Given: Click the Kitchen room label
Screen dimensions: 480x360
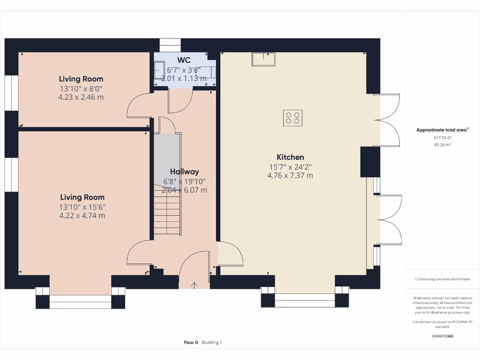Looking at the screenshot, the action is [290, 157].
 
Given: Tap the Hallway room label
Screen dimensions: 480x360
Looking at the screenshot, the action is [184, 172].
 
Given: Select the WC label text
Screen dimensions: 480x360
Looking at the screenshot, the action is [184, 60].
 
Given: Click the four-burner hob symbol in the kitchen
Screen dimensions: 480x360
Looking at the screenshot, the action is [292, 118].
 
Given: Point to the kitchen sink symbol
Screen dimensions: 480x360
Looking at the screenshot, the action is [263, 59].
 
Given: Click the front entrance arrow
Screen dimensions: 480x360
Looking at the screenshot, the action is [195, 285].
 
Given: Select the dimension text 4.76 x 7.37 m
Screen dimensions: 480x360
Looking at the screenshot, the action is [290, 175].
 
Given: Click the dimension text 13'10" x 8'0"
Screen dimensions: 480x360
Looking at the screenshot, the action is [81, 89].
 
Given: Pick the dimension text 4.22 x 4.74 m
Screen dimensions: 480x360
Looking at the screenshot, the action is [82, 216].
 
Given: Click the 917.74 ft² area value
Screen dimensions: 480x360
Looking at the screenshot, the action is [442, 138].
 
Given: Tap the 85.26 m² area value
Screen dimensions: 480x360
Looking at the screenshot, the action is [442, 145].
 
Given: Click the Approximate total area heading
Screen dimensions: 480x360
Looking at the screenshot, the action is [442, 130].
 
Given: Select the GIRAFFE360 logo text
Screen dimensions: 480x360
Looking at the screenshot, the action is [442, 336].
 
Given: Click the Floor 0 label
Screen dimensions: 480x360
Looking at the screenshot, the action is [191, 343].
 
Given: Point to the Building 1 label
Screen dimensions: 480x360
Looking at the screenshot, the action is [212, 343].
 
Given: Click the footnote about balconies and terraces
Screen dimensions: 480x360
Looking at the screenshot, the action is [442, 279].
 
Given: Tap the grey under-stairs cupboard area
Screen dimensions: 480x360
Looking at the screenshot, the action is [167, 159].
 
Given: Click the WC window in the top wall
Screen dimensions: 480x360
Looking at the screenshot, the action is [170, 45].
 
